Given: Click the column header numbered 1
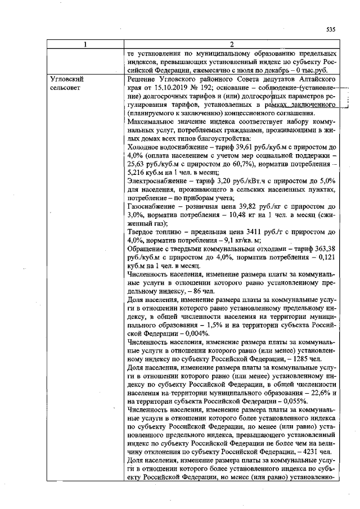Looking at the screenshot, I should (x=84, y=44).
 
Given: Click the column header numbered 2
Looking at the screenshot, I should (x=231, y=44).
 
